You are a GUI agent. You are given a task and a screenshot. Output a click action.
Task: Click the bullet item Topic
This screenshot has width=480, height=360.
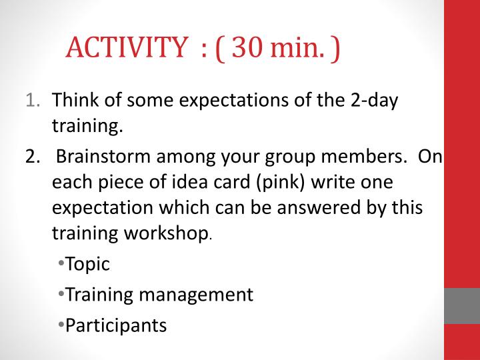[86, 264]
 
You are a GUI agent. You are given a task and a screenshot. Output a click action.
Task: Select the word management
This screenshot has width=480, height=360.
[197, 295]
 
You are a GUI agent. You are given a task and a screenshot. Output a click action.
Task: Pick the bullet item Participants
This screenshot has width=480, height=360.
[111, 325]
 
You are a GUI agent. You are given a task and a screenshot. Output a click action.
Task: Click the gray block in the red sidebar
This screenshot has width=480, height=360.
[462, 306]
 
